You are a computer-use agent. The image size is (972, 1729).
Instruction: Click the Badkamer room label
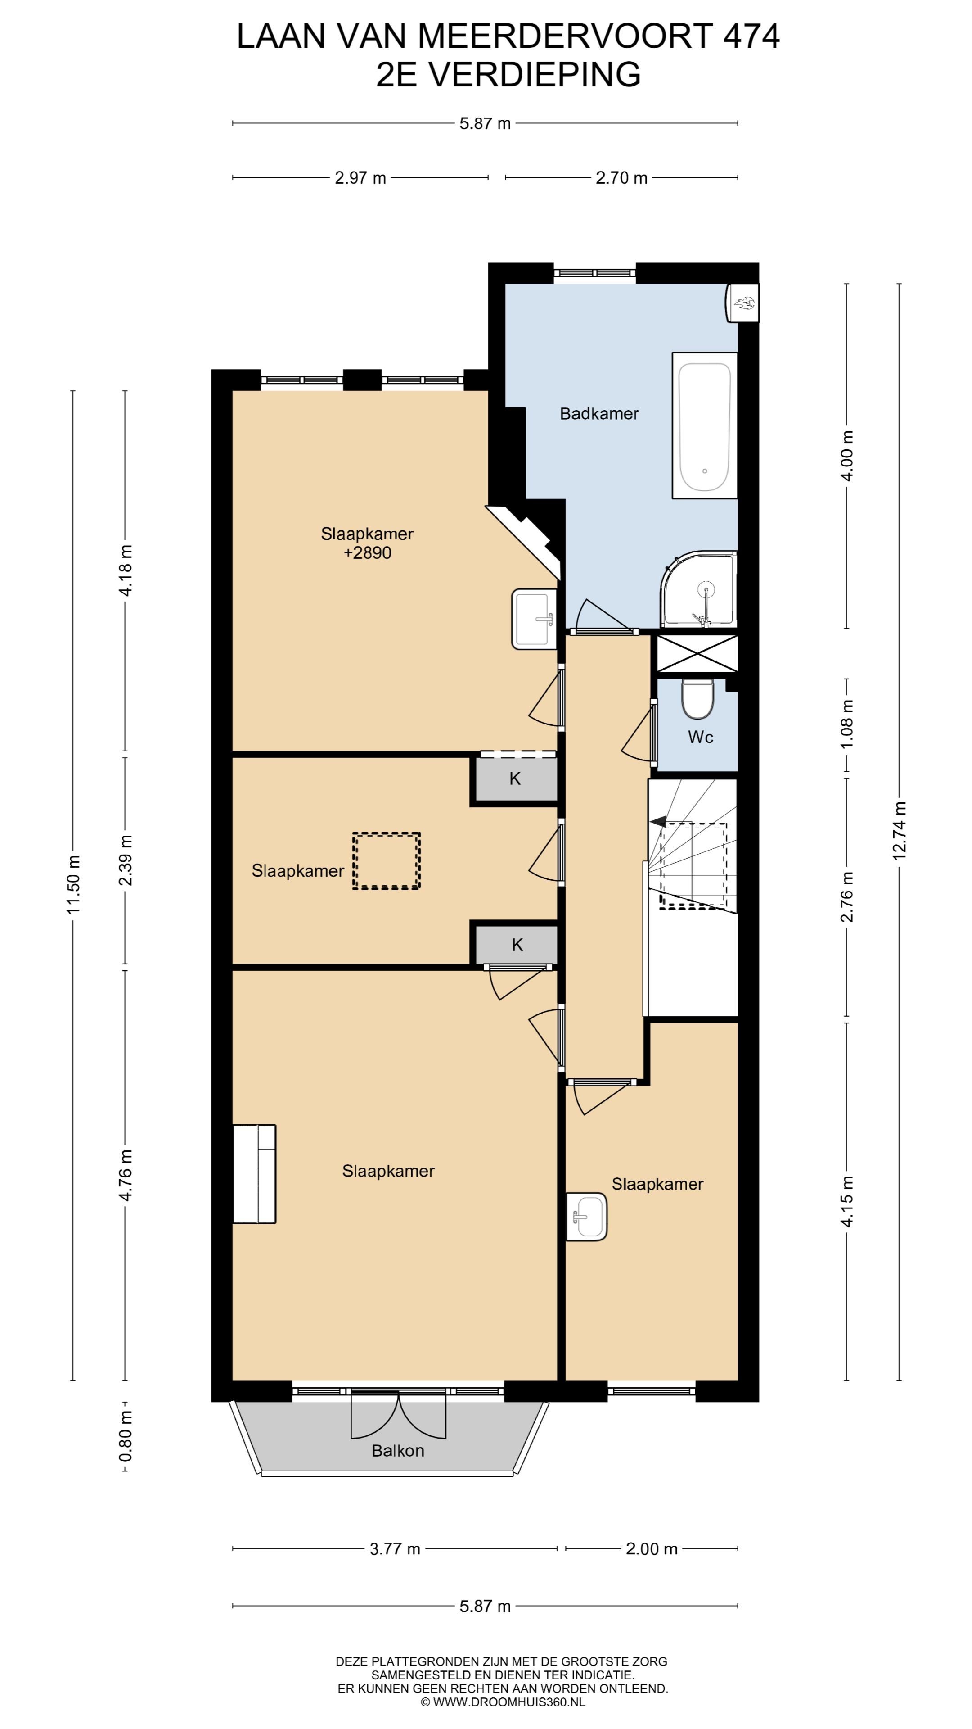coord(599,414)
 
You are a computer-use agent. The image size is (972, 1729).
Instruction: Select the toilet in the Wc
coord(697,699)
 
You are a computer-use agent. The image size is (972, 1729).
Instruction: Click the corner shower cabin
coord(699,589)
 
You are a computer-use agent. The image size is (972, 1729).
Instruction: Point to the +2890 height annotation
coord(367,553)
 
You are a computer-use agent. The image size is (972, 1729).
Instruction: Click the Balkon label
coord(398,1450)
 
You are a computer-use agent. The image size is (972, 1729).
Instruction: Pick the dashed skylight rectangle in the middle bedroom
coord(387,861)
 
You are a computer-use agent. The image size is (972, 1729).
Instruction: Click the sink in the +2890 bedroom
coord(535,619)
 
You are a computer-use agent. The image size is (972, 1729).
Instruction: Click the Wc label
coord(700,737)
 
